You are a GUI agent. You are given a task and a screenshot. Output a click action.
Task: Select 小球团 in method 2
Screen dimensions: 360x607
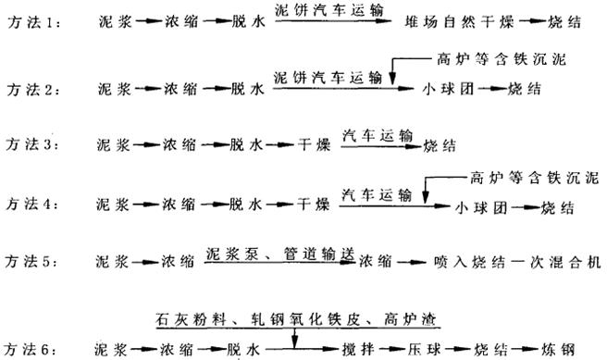[x=440, y=92]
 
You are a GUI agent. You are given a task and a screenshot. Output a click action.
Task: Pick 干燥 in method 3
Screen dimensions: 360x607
[x=312, y=146]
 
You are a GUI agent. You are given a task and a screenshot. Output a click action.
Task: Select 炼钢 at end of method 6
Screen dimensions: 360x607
[x=564, y=349]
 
